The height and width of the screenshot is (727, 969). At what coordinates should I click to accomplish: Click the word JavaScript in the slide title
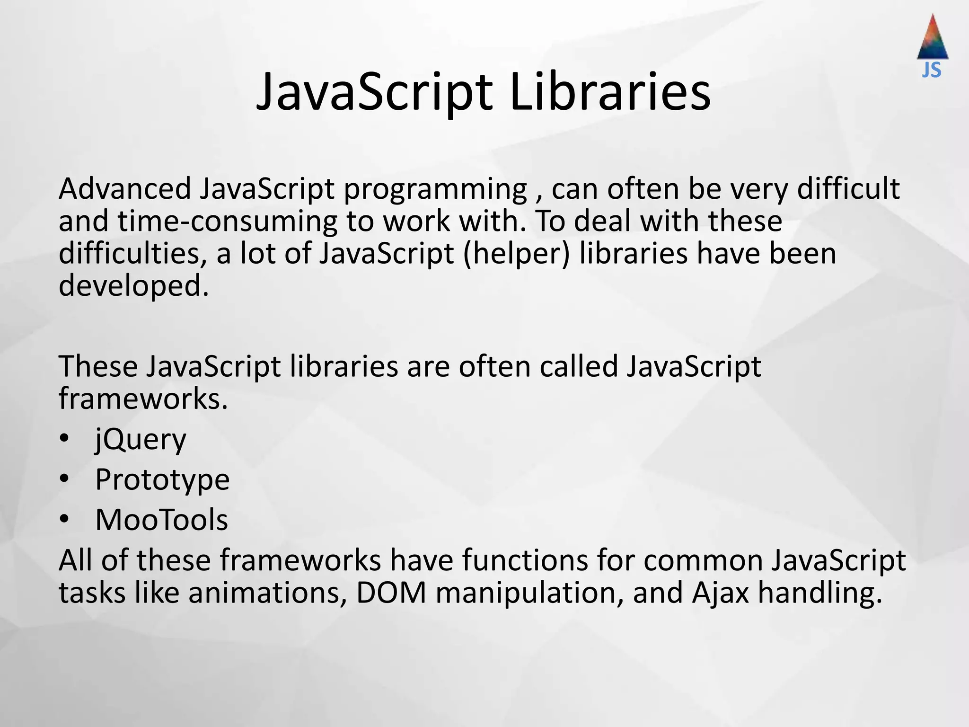click(374, 92)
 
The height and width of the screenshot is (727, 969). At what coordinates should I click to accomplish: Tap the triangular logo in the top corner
click(932, 38)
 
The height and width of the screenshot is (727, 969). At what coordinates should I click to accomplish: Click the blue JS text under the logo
click(932, 71)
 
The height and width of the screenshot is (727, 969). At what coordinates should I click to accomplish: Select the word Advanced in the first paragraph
click(124, 189)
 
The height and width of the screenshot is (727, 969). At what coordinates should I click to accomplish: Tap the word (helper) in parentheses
click(517, 254)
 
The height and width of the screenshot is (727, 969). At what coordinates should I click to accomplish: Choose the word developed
click(133, 287)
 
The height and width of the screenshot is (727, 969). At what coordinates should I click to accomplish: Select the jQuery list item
click(141, 440)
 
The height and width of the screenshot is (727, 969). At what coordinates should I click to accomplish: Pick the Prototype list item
click(162, 480)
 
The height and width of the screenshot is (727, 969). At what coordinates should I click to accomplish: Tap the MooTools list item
click(161, 520)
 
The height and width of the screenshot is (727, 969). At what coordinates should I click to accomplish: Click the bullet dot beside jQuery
click(65, 439)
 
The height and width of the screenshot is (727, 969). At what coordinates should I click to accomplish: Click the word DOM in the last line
click(391, 593)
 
